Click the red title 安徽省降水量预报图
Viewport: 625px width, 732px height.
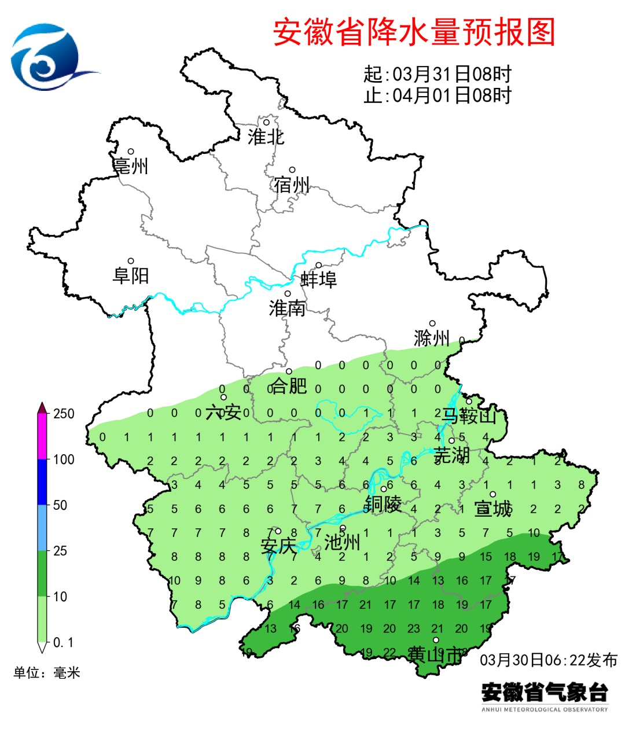pos(414,32)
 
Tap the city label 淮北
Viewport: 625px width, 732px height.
pos(266,137)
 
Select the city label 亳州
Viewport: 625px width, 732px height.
pos(131,167)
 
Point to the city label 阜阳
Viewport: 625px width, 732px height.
pos(131,275)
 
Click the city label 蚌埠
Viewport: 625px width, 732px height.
pos(318,280)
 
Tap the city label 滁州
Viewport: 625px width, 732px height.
pos(432,338)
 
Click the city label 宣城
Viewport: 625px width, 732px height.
pos(493,509)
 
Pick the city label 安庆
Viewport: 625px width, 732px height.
pos(278,546)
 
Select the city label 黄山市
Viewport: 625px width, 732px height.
pos(435,654)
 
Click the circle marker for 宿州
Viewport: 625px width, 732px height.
pos(292,170)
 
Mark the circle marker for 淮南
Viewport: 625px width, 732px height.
pos(287,293)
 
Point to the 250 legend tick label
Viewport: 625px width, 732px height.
pos(64,414)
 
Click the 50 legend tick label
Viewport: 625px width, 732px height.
pos(60,505)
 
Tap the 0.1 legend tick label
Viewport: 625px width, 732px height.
pos(63,642)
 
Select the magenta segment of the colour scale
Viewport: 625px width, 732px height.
pos(42,437)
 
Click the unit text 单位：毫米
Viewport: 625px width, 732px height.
pos(47,672)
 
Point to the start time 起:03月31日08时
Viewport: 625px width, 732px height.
pos(437,74)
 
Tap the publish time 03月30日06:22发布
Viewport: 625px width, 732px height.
pos(548,660)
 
